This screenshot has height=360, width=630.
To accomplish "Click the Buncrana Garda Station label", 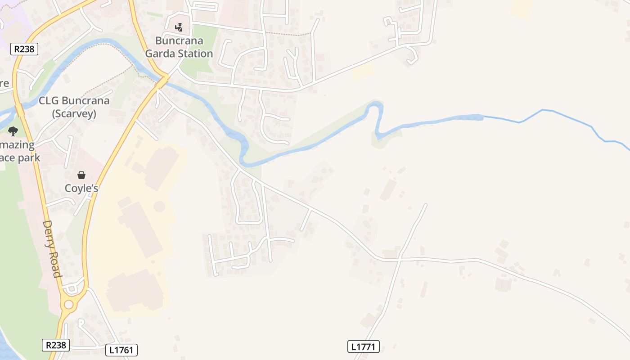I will (x=179, y=47).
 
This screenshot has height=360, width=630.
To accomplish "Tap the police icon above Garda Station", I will (x=179, y=27).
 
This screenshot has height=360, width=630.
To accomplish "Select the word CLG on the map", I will (x=49, y=100).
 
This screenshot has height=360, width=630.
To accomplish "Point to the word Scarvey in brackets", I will (x=74, y=114).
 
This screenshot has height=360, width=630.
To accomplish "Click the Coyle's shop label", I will (x=81, y=188).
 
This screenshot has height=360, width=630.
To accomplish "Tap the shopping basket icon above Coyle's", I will (x=81, y=175).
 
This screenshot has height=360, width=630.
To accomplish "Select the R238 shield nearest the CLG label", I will (x=24, y=49).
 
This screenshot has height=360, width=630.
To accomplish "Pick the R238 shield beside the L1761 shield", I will (x=56, y=345).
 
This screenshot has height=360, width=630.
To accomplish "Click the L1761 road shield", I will (x=121, y=350).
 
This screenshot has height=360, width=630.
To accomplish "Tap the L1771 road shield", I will (x=364, y=346).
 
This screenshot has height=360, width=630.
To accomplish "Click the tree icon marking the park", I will (x=13, y=131).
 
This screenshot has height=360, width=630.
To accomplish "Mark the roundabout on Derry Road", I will (x=68, y=305).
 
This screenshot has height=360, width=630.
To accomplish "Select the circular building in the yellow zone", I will (x=159, y=207).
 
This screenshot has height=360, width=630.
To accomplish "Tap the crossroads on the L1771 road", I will (x=399, y=259).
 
